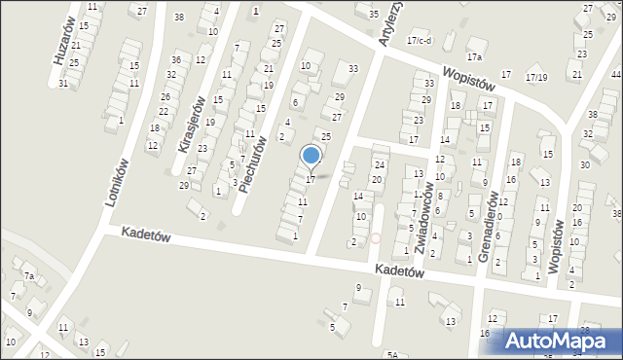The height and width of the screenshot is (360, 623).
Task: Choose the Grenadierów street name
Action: (492, 222)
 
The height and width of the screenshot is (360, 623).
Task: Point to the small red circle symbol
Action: (376, 237)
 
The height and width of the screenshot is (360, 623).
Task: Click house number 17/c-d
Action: (419, 41)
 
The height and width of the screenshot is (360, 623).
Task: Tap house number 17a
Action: (474, 42)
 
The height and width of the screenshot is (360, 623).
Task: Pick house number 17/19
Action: (536, 77)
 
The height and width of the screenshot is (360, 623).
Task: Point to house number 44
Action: (616, 74)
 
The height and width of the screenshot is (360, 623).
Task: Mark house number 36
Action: (176, 60)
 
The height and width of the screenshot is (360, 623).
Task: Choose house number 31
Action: (63, 84)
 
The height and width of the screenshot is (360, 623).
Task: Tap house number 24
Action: (381, 164)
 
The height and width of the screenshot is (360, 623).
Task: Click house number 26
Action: (165, 97)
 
